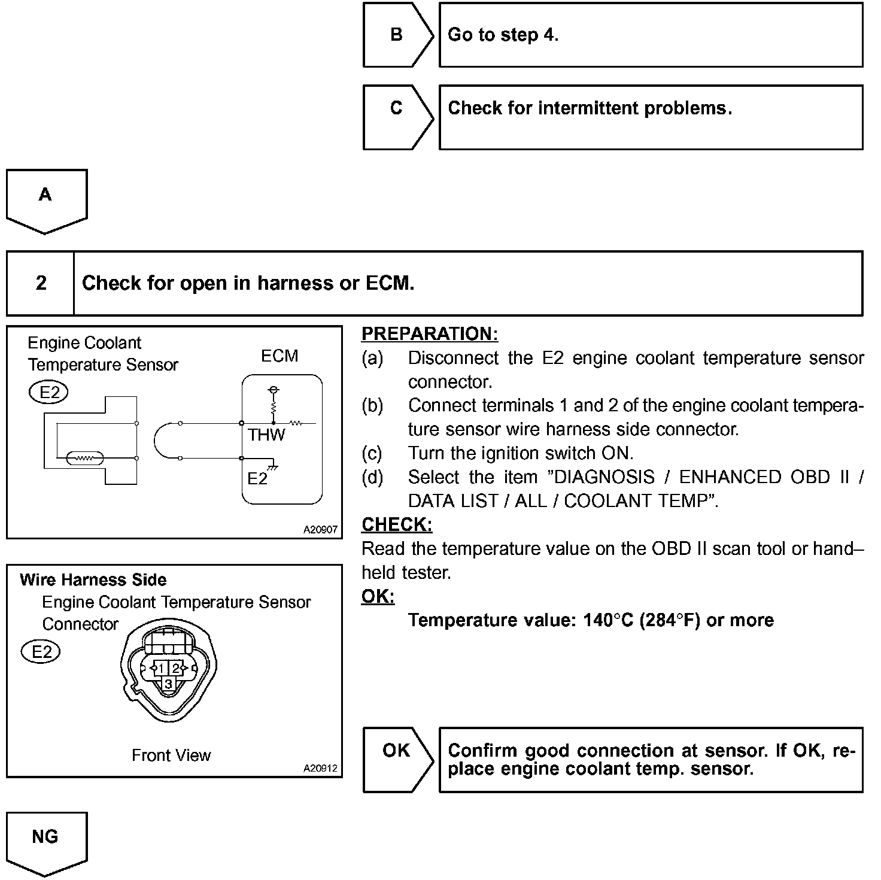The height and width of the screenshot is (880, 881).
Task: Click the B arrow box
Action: (397, 35)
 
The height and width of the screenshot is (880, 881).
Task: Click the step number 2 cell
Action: (41, 283)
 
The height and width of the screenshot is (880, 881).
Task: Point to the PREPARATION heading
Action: (429, 334)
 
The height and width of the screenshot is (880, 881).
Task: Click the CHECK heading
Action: (396, 524)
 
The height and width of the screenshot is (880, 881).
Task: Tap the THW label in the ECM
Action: (267, 435)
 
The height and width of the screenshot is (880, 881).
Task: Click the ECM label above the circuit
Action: (280, 356)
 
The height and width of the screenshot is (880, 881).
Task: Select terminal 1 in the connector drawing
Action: (161, 668)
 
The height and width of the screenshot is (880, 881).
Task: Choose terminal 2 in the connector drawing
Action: (176, 668)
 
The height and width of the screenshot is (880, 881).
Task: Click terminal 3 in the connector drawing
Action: (169, 684)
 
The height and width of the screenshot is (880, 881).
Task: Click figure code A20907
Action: (320, 530)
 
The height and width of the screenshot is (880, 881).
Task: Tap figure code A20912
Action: (320, 768)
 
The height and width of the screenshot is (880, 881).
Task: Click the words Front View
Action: (171, 755)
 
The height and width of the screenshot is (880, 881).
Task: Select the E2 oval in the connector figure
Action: (41, 652)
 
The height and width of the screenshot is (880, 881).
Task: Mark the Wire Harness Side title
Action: (93, 579)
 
